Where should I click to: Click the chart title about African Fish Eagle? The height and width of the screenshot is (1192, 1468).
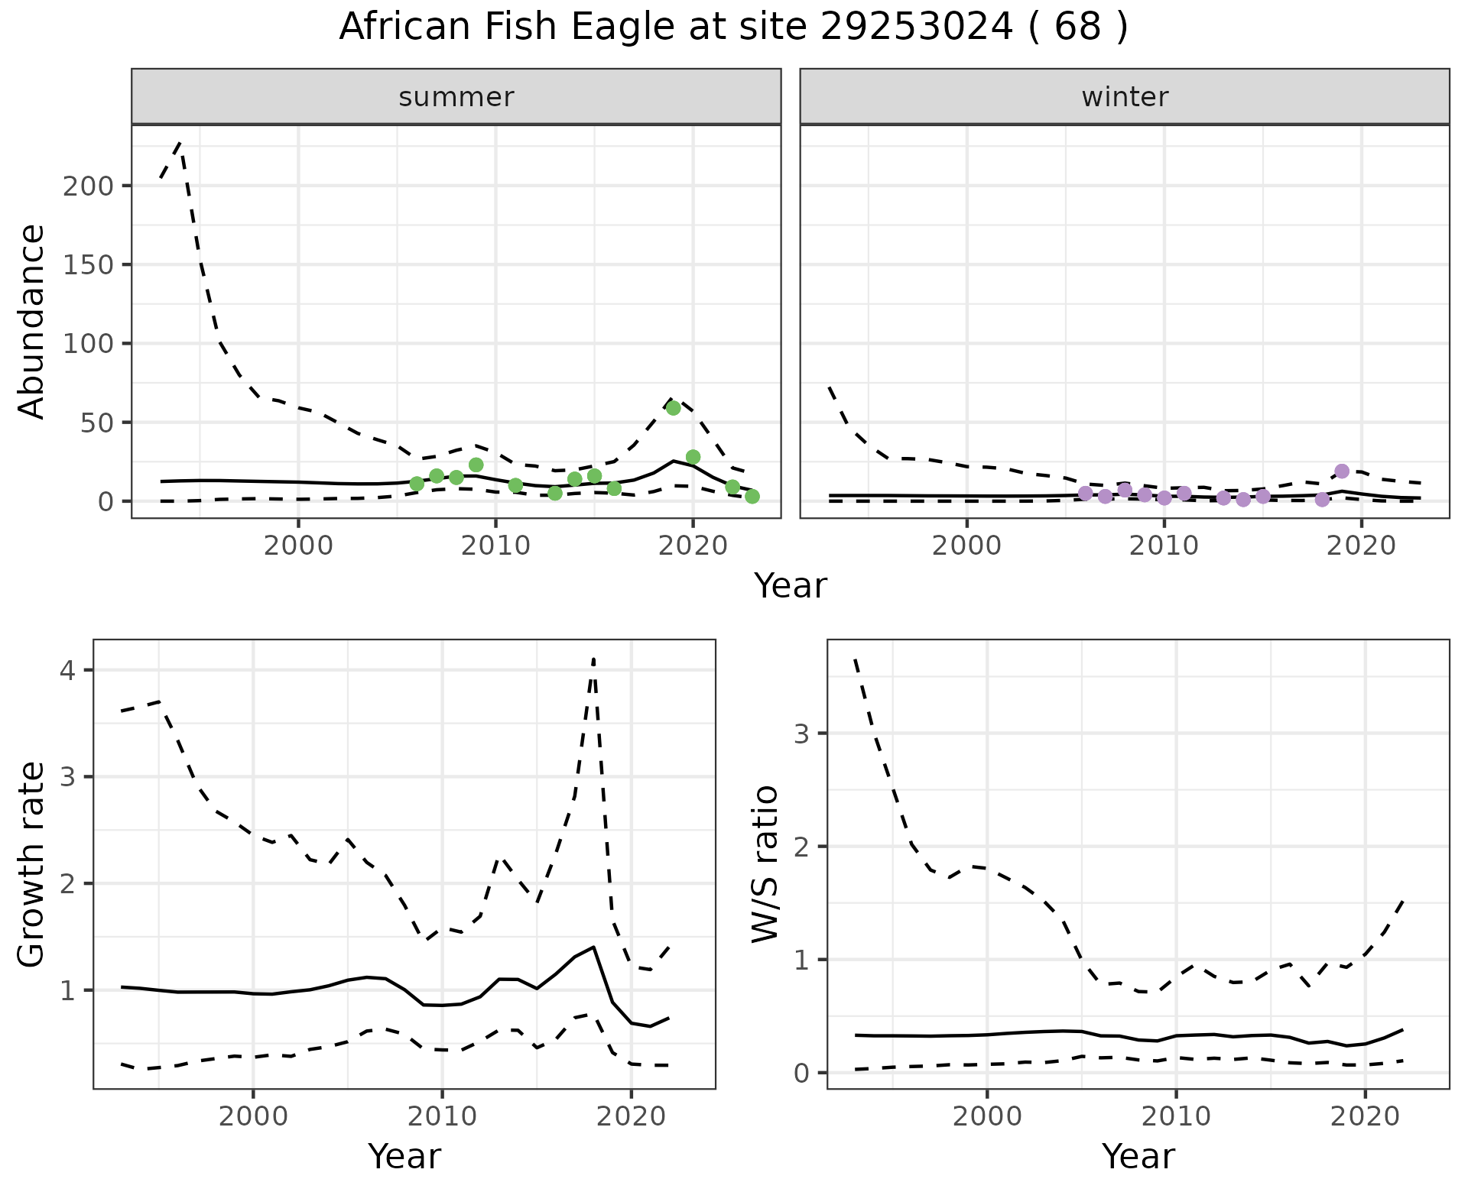(x=733, y=28)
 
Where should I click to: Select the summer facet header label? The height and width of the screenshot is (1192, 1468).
(x=456, y=97)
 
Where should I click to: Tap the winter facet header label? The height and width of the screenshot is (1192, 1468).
(x=1125, y=97)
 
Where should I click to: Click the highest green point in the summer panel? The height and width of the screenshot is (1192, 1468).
(x=673, y=408)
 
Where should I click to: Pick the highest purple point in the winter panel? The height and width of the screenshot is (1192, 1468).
(x=1342, y=471)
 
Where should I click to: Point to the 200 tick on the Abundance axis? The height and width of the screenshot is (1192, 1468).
(x=90, y=186)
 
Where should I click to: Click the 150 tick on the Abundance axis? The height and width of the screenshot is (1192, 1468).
(x=90, y=265)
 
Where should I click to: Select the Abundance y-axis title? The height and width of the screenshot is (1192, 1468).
(x=32, y=321)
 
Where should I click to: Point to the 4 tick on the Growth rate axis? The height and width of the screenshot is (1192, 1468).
(x=68, y=671)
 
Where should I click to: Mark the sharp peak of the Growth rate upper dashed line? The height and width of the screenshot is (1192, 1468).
(x=594, y=658)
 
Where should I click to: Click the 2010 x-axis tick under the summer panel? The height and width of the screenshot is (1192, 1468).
(x=495, y=546)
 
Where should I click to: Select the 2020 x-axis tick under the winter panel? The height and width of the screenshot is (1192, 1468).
(x=1361, y=546)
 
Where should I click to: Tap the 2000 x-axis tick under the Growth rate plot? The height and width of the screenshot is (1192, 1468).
(x=253, y=1116)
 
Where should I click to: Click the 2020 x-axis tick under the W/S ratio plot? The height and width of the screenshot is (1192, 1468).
(x=1366, y=1116)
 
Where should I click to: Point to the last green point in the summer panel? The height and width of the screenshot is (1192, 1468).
(x=752, y=497)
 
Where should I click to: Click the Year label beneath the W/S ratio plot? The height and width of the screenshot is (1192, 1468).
(x=1138, y=1157)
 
